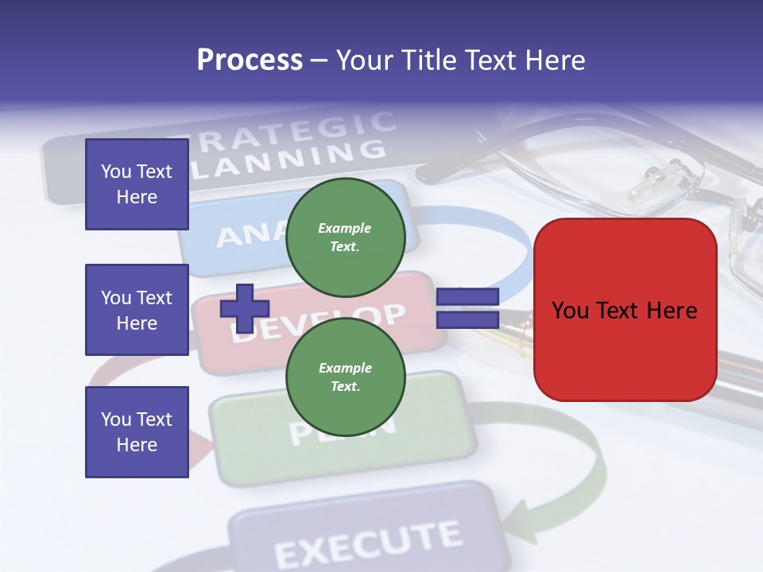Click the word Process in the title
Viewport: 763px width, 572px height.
[250, 60]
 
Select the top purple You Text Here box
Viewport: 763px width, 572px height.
[137, 184]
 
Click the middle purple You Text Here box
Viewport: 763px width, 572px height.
[137, 310]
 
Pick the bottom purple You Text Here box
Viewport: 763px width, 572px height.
[137, 431]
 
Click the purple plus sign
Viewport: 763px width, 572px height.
[244, 308]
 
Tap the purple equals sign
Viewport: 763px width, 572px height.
[467, 308]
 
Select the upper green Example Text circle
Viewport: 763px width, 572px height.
[345, 237]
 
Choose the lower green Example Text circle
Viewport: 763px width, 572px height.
[345, 377]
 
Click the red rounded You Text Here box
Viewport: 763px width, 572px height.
[625, 310]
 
